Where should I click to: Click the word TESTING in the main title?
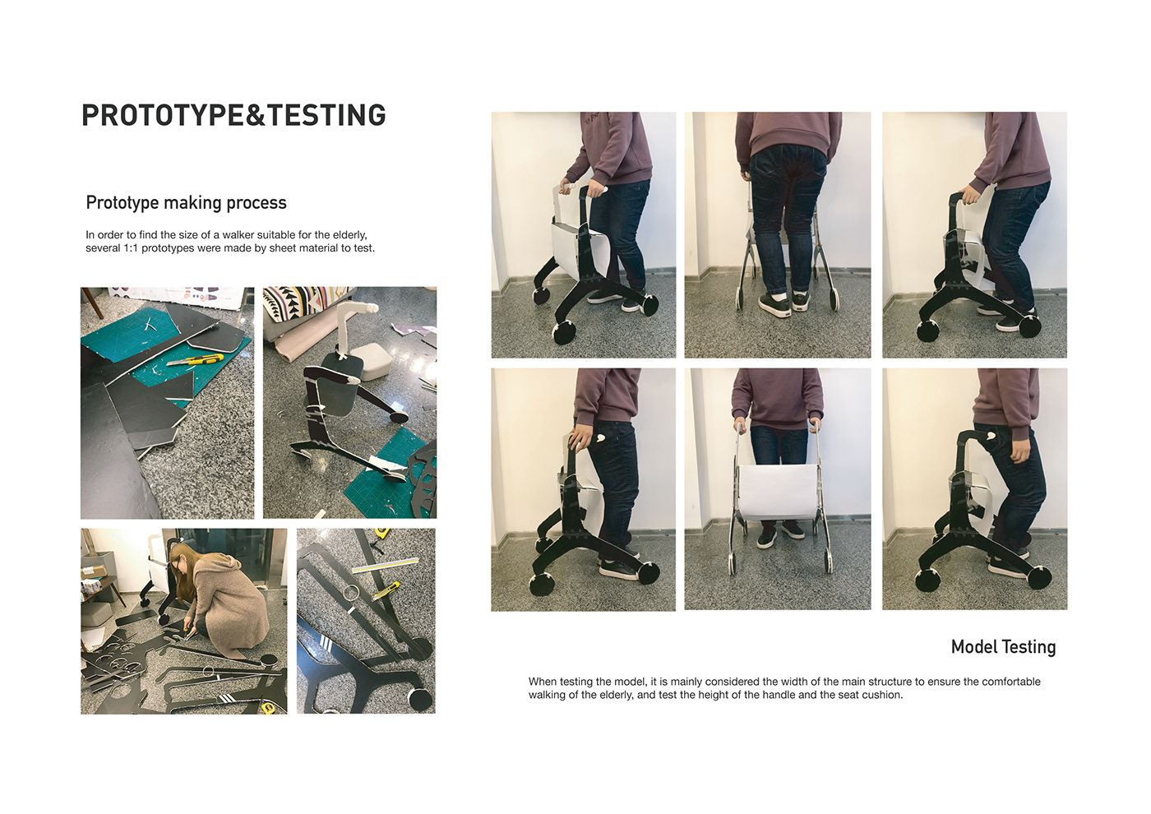(x=326, y=115)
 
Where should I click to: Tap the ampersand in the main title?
(x=256, y=115)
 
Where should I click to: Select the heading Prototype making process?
(x=186, y=203)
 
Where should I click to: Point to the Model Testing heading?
(x=1003, y=647)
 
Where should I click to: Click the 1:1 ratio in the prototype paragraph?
(x=131, y=248)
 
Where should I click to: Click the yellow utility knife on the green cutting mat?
(x=196, y=360)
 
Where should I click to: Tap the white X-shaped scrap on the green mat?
(x=150, y=325)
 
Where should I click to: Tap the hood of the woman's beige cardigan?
(x=226, y=566)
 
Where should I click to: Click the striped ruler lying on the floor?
(x=385, y=564)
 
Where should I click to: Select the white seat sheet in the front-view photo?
(x=778, y=492)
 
